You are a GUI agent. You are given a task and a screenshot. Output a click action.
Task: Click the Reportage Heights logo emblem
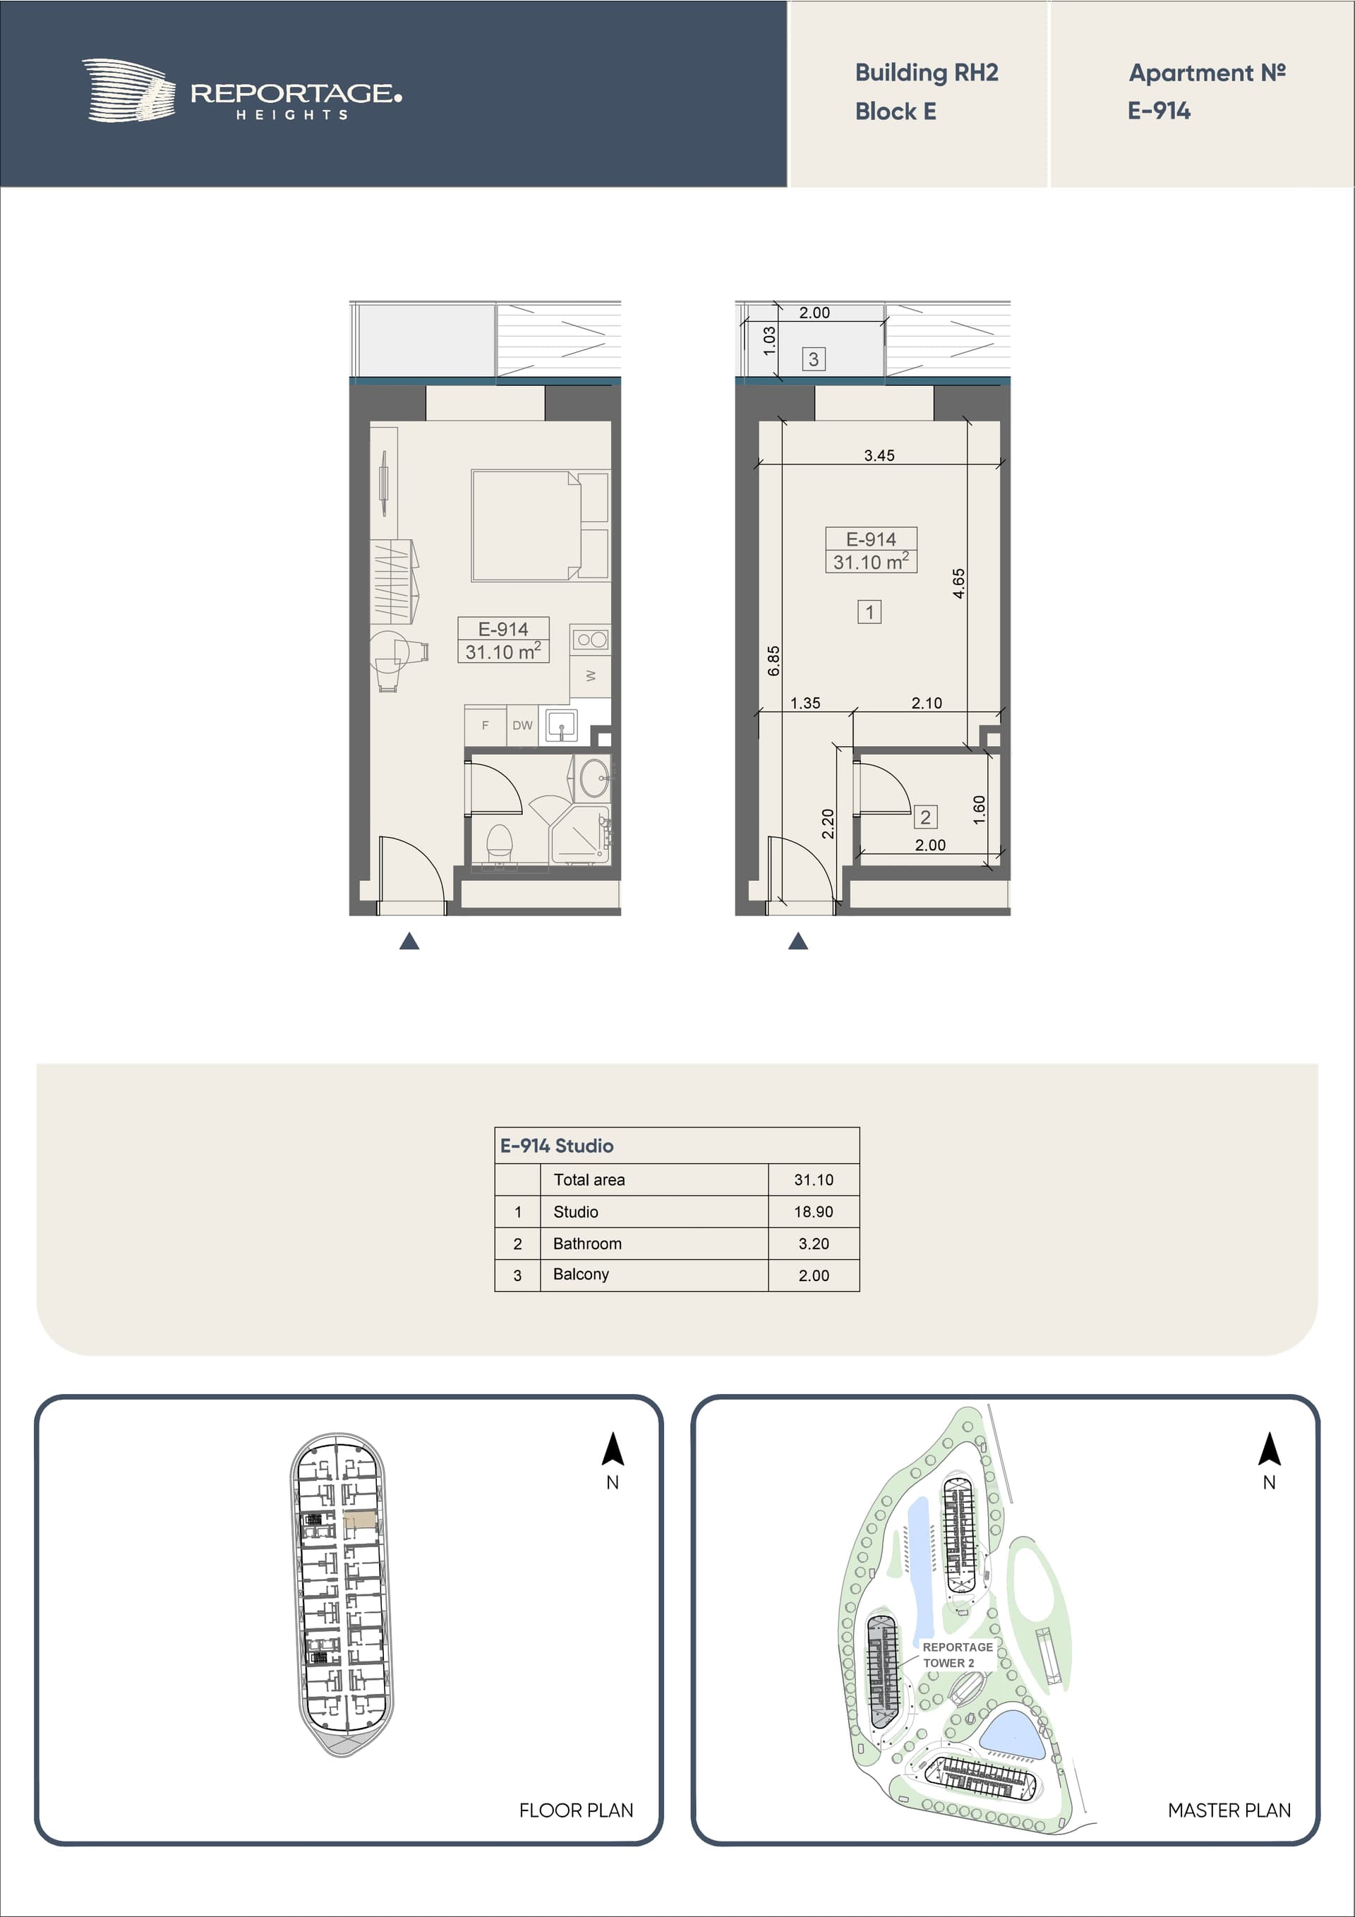(128, 91)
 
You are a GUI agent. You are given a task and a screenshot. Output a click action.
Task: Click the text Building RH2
(927, 73)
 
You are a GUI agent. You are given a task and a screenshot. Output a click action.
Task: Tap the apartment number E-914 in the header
(1159, 110)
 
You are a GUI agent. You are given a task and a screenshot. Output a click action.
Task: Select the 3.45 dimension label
(879, 455)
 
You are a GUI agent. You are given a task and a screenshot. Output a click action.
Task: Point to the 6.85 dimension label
(773, 661)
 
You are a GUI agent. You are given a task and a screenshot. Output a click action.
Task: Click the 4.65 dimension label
(958, 583)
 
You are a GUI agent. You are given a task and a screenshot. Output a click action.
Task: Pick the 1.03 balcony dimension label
(770, 341)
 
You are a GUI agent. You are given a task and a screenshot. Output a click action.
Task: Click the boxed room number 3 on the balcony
(813, 359)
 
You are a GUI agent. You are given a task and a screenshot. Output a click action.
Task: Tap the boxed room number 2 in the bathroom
(925, 817)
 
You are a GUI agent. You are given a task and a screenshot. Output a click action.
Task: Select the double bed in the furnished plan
(539, 525)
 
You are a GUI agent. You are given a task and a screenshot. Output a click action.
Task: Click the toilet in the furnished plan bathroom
(498, 843)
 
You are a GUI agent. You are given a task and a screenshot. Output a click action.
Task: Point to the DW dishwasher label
(523, 725)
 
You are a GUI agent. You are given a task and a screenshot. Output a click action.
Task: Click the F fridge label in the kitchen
(485, 726)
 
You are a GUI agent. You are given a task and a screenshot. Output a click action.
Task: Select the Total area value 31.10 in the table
(814, 1179)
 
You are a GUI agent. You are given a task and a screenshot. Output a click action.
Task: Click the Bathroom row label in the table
(587, 1243)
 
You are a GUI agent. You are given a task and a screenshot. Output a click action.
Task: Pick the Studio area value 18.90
(814, 1211)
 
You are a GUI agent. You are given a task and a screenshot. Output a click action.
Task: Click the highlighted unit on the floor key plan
(361, 1520)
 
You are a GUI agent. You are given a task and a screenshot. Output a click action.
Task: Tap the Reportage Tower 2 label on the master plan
(958, 1655)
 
